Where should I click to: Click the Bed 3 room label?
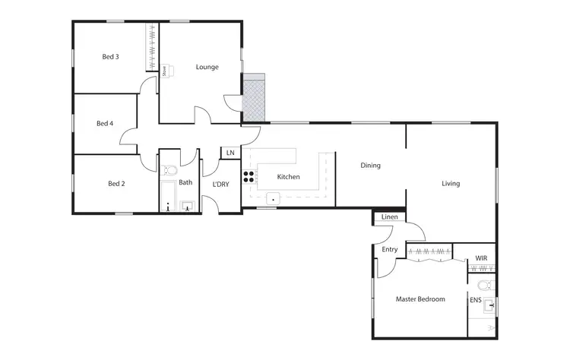[111, 56]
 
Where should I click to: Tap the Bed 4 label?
[105, 123]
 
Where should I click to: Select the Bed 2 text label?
[116, 184]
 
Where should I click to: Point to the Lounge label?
[207, 67]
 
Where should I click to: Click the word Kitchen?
[288, 177]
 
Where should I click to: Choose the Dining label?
[370, 165]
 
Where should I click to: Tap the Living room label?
[451, 183]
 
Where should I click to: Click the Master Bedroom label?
[420, 299]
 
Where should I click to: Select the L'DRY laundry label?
[220, 185]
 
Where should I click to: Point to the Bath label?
[185, 182]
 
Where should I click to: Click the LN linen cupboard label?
[230, 153]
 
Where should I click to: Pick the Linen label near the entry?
[389, 218]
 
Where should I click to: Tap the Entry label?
[389, 249]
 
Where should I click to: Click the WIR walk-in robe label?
[481, 259]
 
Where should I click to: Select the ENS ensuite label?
[475, 300]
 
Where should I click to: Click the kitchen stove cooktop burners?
[249, 178]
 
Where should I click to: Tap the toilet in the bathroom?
[170, 169]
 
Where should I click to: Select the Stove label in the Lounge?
[163, 71]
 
